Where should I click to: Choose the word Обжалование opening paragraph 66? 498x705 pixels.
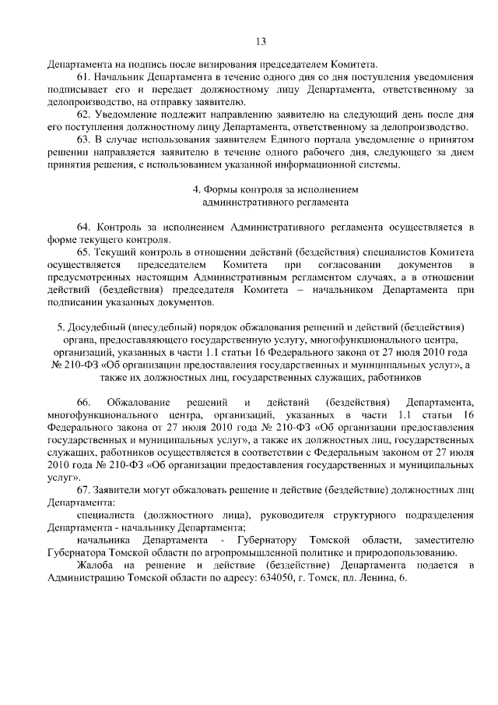(x=138, y=402)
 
